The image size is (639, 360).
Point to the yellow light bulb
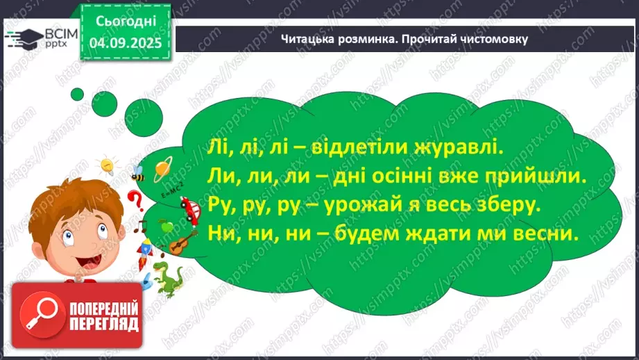pos(108,166)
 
